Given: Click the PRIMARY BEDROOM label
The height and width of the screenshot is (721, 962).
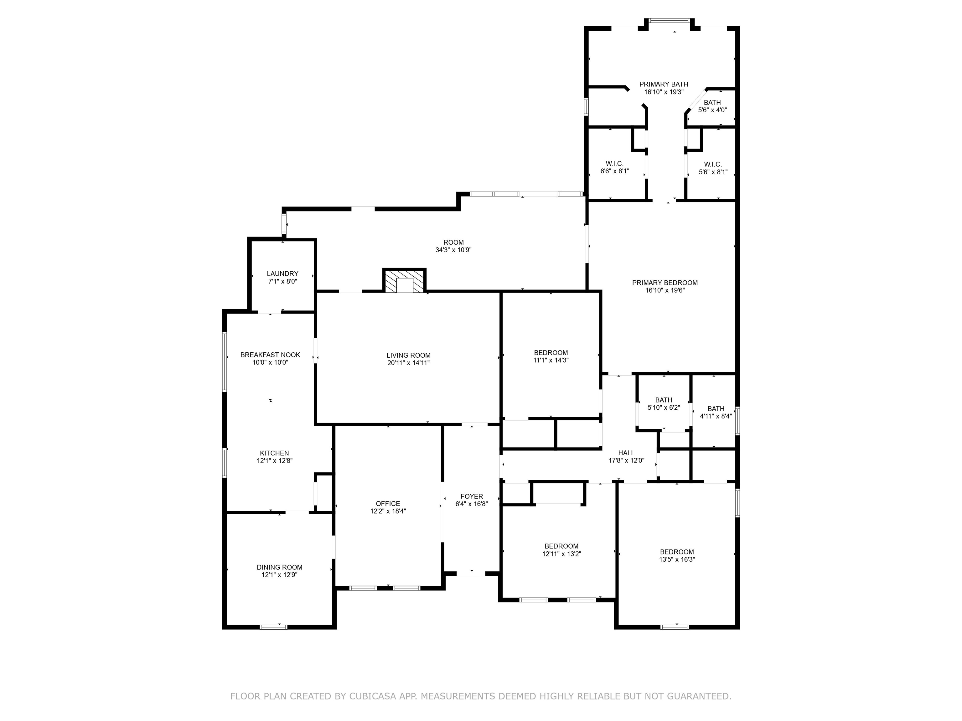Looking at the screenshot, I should [665, 283].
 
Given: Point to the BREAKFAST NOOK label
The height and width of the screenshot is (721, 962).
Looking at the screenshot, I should [270, 355].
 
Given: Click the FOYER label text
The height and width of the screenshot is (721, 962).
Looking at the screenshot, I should [471, 496].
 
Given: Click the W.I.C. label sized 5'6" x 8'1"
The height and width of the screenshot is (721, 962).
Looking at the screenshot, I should [712, 164].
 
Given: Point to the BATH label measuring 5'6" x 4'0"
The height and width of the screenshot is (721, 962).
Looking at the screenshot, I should [712, 103].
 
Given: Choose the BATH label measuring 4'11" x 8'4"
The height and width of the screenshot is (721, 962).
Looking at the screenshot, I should [716, 408].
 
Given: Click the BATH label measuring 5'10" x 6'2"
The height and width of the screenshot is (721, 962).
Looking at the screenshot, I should [663, 400].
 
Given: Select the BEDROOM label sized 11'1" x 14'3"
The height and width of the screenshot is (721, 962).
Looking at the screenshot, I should [551, 352].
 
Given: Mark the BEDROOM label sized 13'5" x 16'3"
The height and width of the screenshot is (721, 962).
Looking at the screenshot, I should [676, 552].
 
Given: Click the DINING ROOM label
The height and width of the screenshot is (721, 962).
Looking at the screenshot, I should [279, 567].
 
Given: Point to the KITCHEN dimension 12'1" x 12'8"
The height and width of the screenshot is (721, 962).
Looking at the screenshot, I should [274, 461].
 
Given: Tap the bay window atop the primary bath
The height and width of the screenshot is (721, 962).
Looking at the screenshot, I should [669, 20].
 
